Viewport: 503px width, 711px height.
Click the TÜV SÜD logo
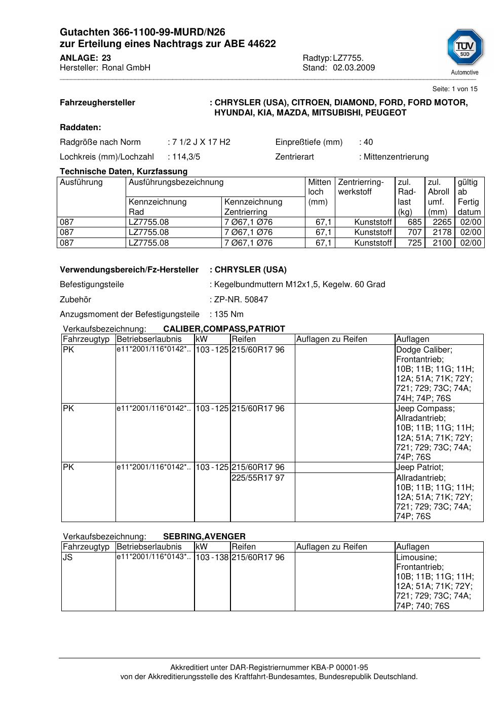click(465, 49)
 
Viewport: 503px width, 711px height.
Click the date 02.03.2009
click(354, 68)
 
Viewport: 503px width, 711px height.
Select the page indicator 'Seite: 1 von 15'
click(454, 89)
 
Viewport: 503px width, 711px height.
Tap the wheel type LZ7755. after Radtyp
click(348, 58)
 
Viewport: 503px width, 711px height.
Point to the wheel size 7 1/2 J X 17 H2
click(201, 142)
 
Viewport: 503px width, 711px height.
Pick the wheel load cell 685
click(414, 222)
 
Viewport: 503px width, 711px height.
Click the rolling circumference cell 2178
click(442, 232)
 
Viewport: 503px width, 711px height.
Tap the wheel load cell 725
click(414, 243)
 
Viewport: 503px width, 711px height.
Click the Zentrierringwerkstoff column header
click(361, 187)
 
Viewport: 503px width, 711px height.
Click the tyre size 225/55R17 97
click(258, 478)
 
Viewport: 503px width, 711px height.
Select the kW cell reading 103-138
click(212, 558)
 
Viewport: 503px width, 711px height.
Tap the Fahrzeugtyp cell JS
click(68, 558)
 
